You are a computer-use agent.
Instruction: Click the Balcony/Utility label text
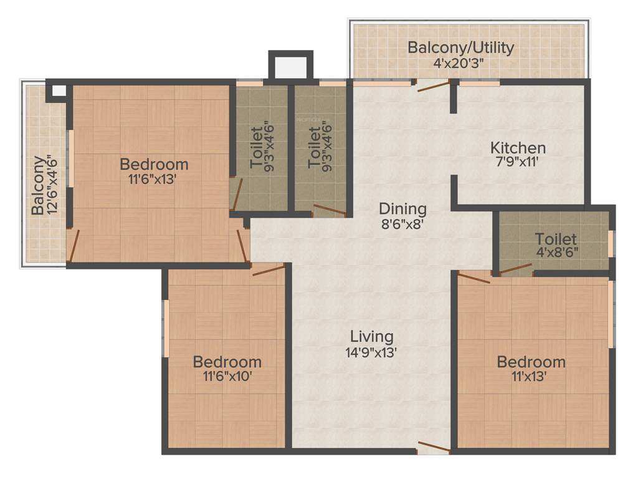(x=460, y=48)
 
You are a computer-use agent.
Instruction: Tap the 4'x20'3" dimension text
(x=460, y=63)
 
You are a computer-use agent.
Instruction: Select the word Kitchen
(x=518, y=148)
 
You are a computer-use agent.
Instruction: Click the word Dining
(x=402, y=208)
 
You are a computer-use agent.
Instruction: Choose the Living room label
(x=371, y=336)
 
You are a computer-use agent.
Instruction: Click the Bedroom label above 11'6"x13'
(x=154, y=165)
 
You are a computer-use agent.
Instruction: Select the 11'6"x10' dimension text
(x=227, y=376)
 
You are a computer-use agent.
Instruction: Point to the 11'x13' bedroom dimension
(x=531, y=376)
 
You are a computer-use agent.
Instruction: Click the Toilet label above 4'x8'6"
(x=556, y=239)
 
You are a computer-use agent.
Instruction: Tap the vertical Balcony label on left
(x=39, y=186)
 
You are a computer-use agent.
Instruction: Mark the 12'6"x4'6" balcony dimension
(x=54, y=186)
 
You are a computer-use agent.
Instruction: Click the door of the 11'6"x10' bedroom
(x=268, y=269)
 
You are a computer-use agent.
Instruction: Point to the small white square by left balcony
(x=58, y=91)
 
